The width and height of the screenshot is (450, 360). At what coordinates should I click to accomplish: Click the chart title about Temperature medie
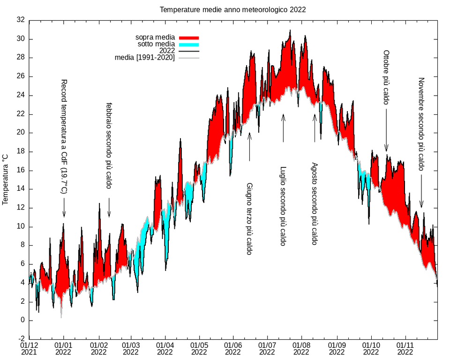click(x=233, y=9)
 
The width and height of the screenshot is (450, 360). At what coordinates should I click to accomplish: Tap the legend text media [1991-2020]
click(x=145, y=58)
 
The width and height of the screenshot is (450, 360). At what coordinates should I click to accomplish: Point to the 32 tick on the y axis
click(x=20, y=20)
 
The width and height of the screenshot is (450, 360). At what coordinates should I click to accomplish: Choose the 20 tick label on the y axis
click(x=20, y=133)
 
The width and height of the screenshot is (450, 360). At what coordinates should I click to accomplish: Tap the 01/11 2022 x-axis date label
click(x=405, y=348)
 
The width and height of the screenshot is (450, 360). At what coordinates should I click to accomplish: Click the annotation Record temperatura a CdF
click(x=64, y=136)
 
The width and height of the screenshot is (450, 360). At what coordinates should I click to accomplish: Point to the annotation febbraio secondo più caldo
click(x=109, y=146)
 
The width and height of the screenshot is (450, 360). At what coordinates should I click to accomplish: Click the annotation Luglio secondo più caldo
click(x=283, y=206)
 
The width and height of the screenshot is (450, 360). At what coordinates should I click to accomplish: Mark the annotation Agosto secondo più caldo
click(x=315, y=204)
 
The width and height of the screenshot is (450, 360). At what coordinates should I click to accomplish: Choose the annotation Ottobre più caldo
click(x=386, y=77)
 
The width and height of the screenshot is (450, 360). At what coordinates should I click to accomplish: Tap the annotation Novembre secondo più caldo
click(x=421, y=124)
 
